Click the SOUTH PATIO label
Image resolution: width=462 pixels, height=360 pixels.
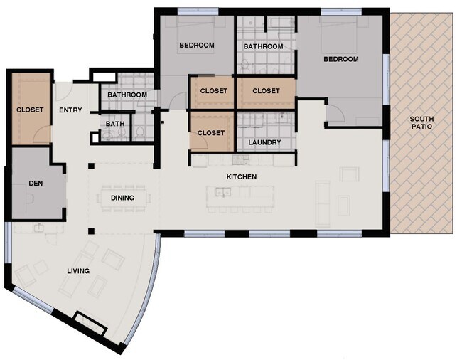(x=422, y=122)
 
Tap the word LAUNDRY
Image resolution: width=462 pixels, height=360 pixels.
(x=264, y=142)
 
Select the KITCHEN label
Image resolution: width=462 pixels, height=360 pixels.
(x=242, y=176)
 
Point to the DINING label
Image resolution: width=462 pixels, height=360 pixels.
(x=122, y=198)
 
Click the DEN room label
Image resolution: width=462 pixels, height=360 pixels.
(x=36, y=183)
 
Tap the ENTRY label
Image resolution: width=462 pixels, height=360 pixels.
(x=70, y=110)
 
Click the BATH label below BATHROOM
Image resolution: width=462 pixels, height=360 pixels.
(x=114, y=124)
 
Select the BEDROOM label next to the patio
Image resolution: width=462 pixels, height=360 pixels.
(x=341, y=59)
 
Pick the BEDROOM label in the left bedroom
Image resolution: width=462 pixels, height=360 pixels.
(x=196, y=46)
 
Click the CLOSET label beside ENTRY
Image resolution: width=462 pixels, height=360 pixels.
(x=30, y=110)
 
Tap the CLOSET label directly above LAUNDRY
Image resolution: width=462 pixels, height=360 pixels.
(x=266, y=90)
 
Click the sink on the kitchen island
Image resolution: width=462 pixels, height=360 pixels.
(x=223, y=192)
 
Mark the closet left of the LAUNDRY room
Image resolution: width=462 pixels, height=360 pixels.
(x=211, y=132)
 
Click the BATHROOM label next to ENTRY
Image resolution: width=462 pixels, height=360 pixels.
(x=127, y=95)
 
